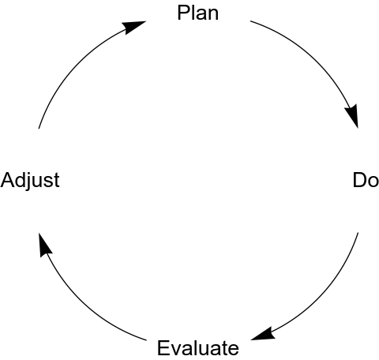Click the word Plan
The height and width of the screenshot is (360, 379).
pyautogui.click(x=198, y=13)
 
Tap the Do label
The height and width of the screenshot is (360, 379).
pyautogui.click(x=366, y=180)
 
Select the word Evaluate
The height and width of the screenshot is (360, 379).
pyautogui.click(x=198, y=347)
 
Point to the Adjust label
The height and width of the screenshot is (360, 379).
pyautogui.click(x=30, y=181)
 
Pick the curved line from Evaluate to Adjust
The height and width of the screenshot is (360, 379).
pyautogui.click(x=77, y=301)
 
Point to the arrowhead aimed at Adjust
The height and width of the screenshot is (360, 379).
pyautogui.click(x=44, y=244)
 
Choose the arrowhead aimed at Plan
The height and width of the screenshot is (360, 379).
pyautogui.click(x=133, y=26)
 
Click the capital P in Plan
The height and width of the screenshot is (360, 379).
pyautogui.click(x=183, y=13)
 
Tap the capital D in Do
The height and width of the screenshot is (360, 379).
pyautogui.click(x=359, y=180)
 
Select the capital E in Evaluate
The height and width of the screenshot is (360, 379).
pyautogui.click(x=163, y=347)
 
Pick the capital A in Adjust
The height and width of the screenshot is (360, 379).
pyautogui.click(x=7, y=180)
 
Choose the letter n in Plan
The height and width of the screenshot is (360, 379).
pyautogui.click(x=213, y=15)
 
